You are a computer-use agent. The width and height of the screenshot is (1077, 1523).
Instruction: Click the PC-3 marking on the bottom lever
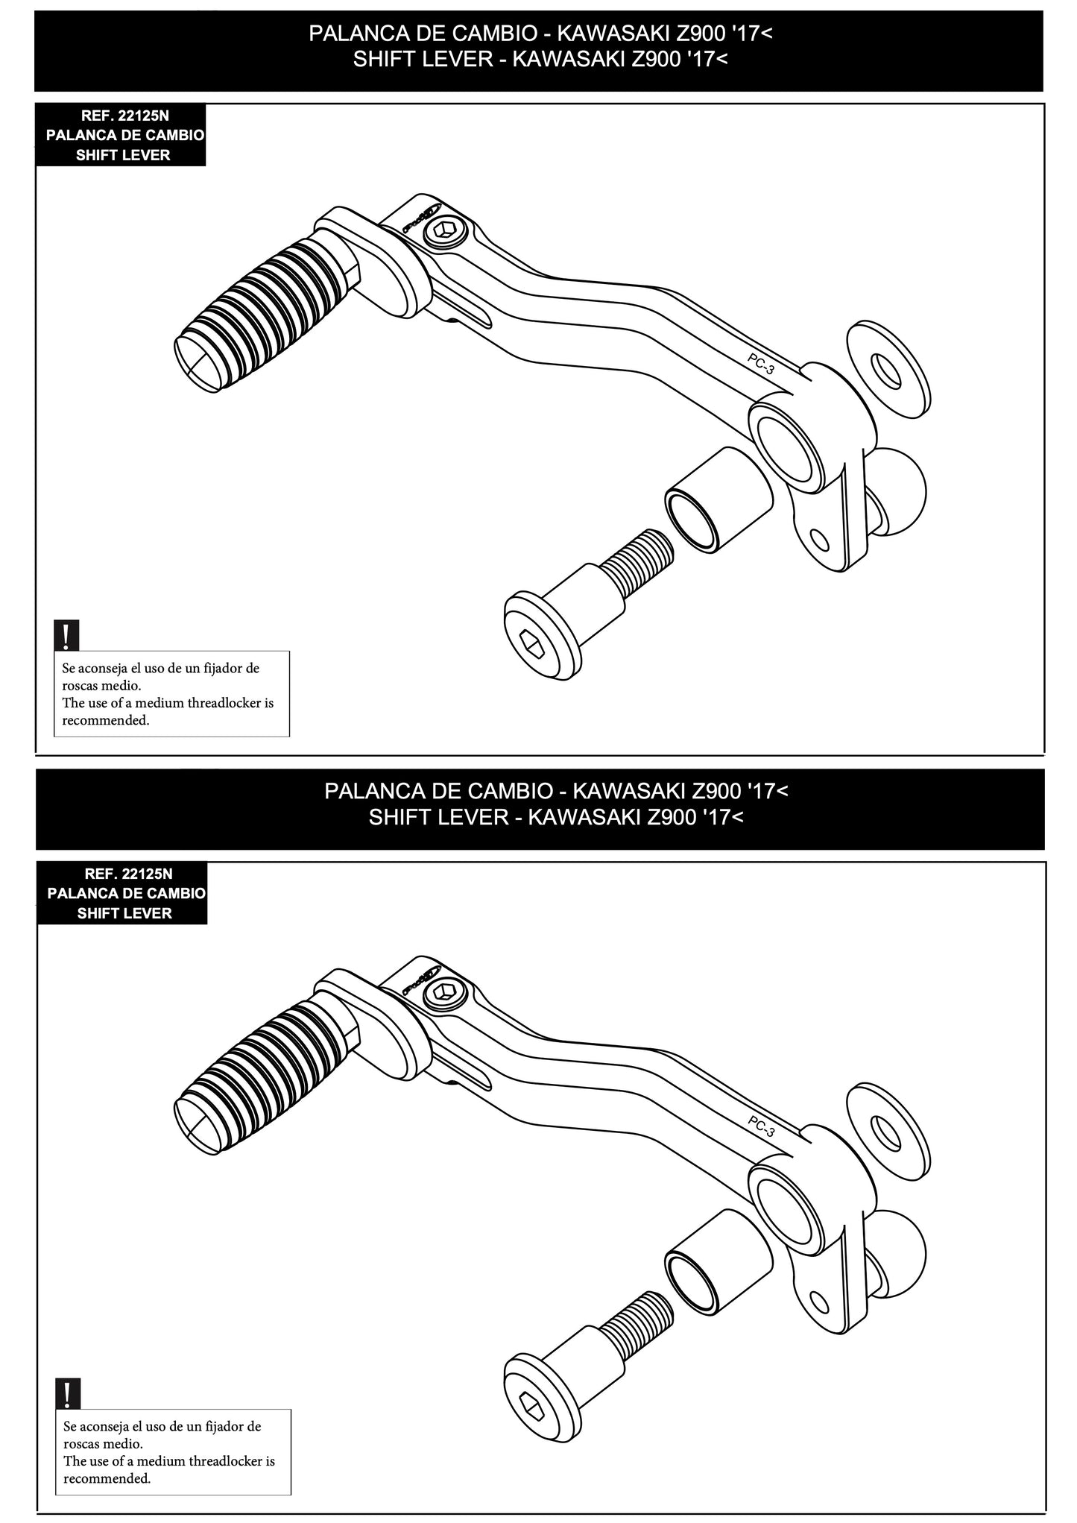(x=761, y=1126)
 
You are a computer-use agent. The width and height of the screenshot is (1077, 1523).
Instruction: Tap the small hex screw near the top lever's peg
(x=446, y=232)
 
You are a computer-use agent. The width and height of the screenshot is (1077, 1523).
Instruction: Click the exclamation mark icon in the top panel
(x=66, y=635)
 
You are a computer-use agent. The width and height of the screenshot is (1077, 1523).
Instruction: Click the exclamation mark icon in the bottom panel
(x=68, y=1393)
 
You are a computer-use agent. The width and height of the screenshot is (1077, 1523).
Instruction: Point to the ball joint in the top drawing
(x=898, y=488)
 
